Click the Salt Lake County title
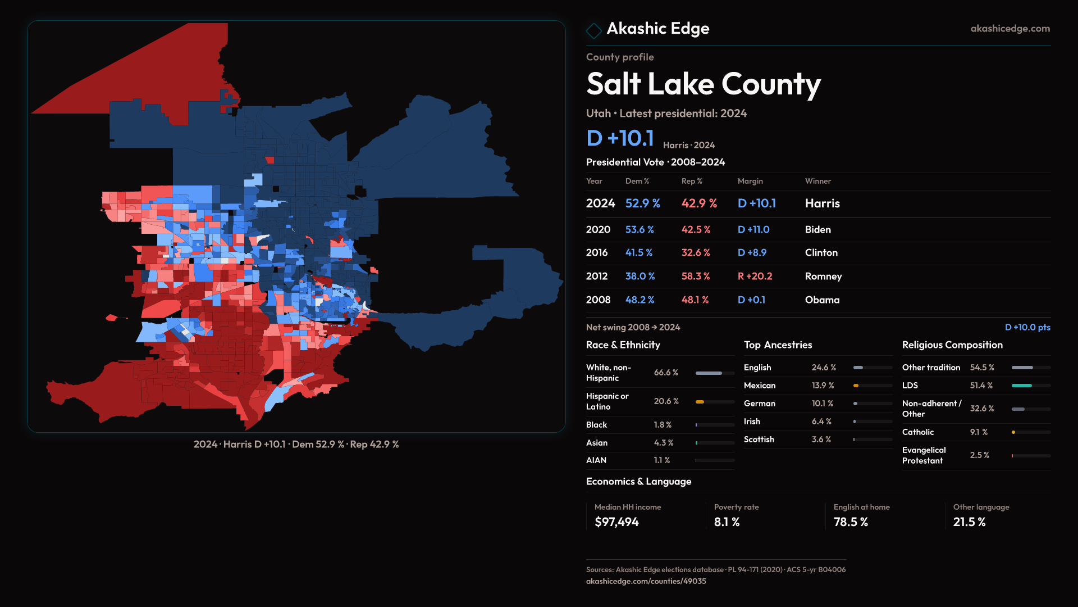[x=703, y=84]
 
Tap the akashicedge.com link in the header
[x=1010, y=29]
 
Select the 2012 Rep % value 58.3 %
[x=696, y=277]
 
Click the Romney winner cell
[x=823, y=277]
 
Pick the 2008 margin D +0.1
[x=751, y=300]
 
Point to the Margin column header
[x=750, y=181]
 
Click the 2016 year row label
[x=596, y=253]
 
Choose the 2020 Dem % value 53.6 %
[x=640, y=230]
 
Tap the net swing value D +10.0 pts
[x=1027, y=327]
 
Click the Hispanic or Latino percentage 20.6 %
[x=666, y=401]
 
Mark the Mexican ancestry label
[x=759, y=386]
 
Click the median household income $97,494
[x=616, y=522]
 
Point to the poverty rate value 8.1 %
[x=727, y=522]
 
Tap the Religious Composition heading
[x=952, y=345]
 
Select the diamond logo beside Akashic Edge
[x=593, y=30]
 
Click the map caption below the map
[x=296, y=445]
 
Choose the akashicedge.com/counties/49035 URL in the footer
[x=646, y=581]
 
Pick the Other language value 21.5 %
[x=969, y=522]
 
